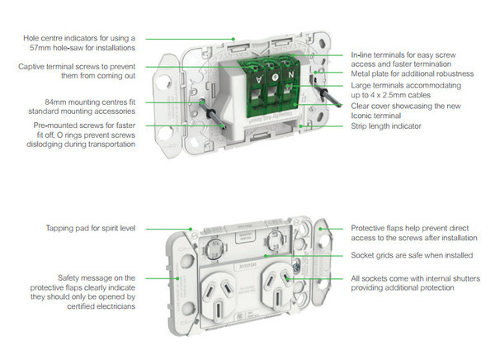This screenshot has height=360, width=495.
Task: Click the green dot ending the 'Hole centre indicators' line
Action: point(234,38)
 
